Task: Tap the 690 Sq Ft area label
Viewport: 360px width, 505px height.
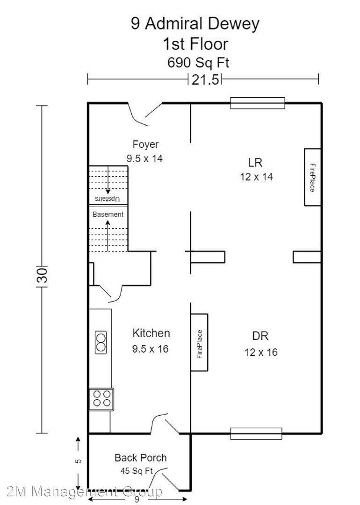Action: point(198,63)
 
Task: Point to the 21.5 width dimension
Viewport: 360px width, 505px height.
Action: point(205,79)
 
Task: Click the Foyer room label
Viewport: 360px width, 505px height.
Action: point(145,144)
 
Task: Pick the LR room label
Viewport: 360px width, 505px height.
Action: point(255,163)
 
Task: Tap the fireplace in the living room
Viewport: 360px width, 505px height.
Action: point(312,177)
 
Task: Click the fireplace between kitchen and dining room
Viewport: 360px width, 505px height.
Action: point(200,343)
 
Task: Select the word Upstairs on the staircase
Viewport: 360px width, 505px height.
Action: point(108,199)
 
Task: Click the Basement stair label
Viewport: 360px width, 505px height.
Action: point(108,215)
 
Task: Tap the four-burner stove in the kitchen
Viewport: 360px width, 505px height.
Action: point(101,399)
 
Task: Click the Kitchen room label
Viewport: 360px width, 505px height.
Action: point(151,333)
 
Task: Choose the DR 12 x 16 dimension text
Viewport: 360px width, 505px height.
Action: point(261,352)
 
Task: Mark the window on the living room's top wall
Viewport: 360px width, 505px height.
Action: point(257,103)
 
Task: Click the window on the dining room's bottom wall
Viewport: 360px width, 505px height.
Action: point(256,433)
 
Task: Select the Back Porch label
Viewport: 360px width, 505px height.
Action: point(140,458)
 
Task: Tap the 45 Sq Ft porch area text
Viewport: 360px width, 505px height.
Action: point(137,471)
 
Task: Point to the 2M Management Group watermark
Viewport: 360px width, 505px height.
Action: point(84,491)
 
